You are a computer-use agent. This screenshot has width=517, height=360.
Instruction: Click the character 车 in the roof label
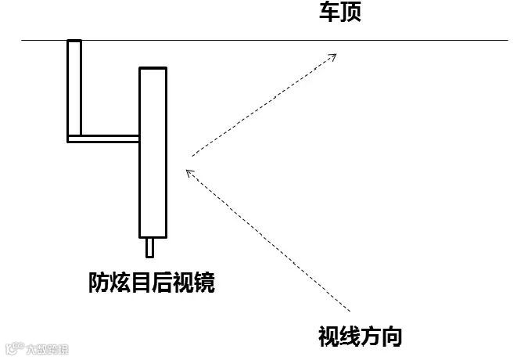coord(329,13)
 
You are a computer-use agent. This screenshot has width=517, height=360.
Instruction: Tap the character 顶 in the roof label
coord(350,13)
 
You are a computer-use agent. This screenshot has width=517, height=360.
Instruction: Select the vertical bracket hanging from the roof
coord(74,86)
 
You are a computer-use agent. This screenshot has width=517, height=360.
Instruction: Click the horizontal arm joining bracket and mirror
coord(106,139)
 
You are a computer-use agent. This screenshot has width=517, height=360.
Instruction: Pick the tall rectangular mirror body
coord(153,152)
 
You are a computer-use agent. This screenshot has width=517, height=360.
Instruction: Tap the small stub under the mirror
coord(152,247)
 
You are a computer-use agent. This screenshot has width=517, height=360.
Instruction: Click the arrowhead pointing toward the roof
coord(333,56)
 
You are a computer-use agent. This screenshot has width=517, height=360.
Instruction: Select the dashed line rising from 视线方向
coord(266,239)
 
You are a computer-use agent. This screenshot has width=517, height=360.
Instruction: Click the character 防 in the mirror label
coord(99,283)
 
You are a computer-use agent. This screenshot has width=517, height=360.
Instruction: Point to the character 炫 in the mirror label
coord(120,283)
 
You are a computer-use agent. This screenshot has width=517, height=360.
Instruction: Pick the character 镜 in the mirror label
coord(205,283)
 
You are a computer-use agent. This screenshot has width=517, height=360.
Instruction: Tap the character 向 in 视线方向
coord(393,337)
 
